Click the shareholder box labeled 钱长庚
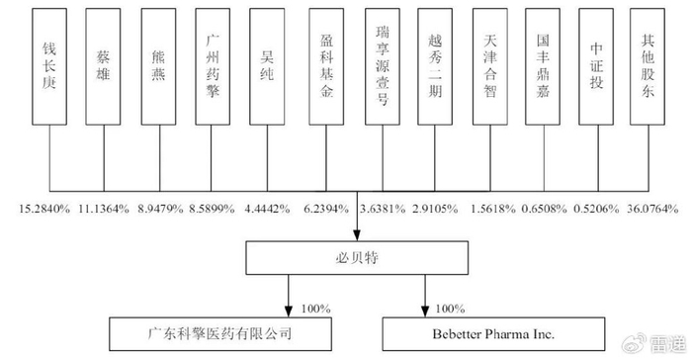pos(49,66)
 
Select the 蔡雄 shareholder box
pos(103,66)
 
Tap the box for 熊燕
pos(158,66)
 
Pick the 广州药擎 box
pos(213,66)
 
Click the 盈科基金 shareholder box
pos(326,66)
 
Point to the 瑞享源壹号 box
pos(383,66)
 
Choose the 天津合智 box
pos(490,66)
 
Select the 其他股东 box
pos(648,66)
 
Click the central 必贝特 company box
pos(357,257)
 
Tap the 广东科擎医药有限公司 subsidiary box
pos(220,334)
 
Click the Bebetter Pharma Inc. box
pos(493,334)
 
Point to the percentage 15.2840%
pos(44,209)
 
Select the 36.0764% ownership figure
pos(652,209)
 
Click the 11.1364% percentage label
pos(104,209)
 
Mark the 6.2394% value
pos(326,209)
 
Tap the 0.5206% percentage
pos(596,209)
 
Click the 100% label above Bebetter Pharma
pos(450,309)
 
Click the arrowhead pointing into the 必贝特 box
pos(357,235)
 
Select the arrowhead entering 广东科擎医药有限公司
pos(289,311)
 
